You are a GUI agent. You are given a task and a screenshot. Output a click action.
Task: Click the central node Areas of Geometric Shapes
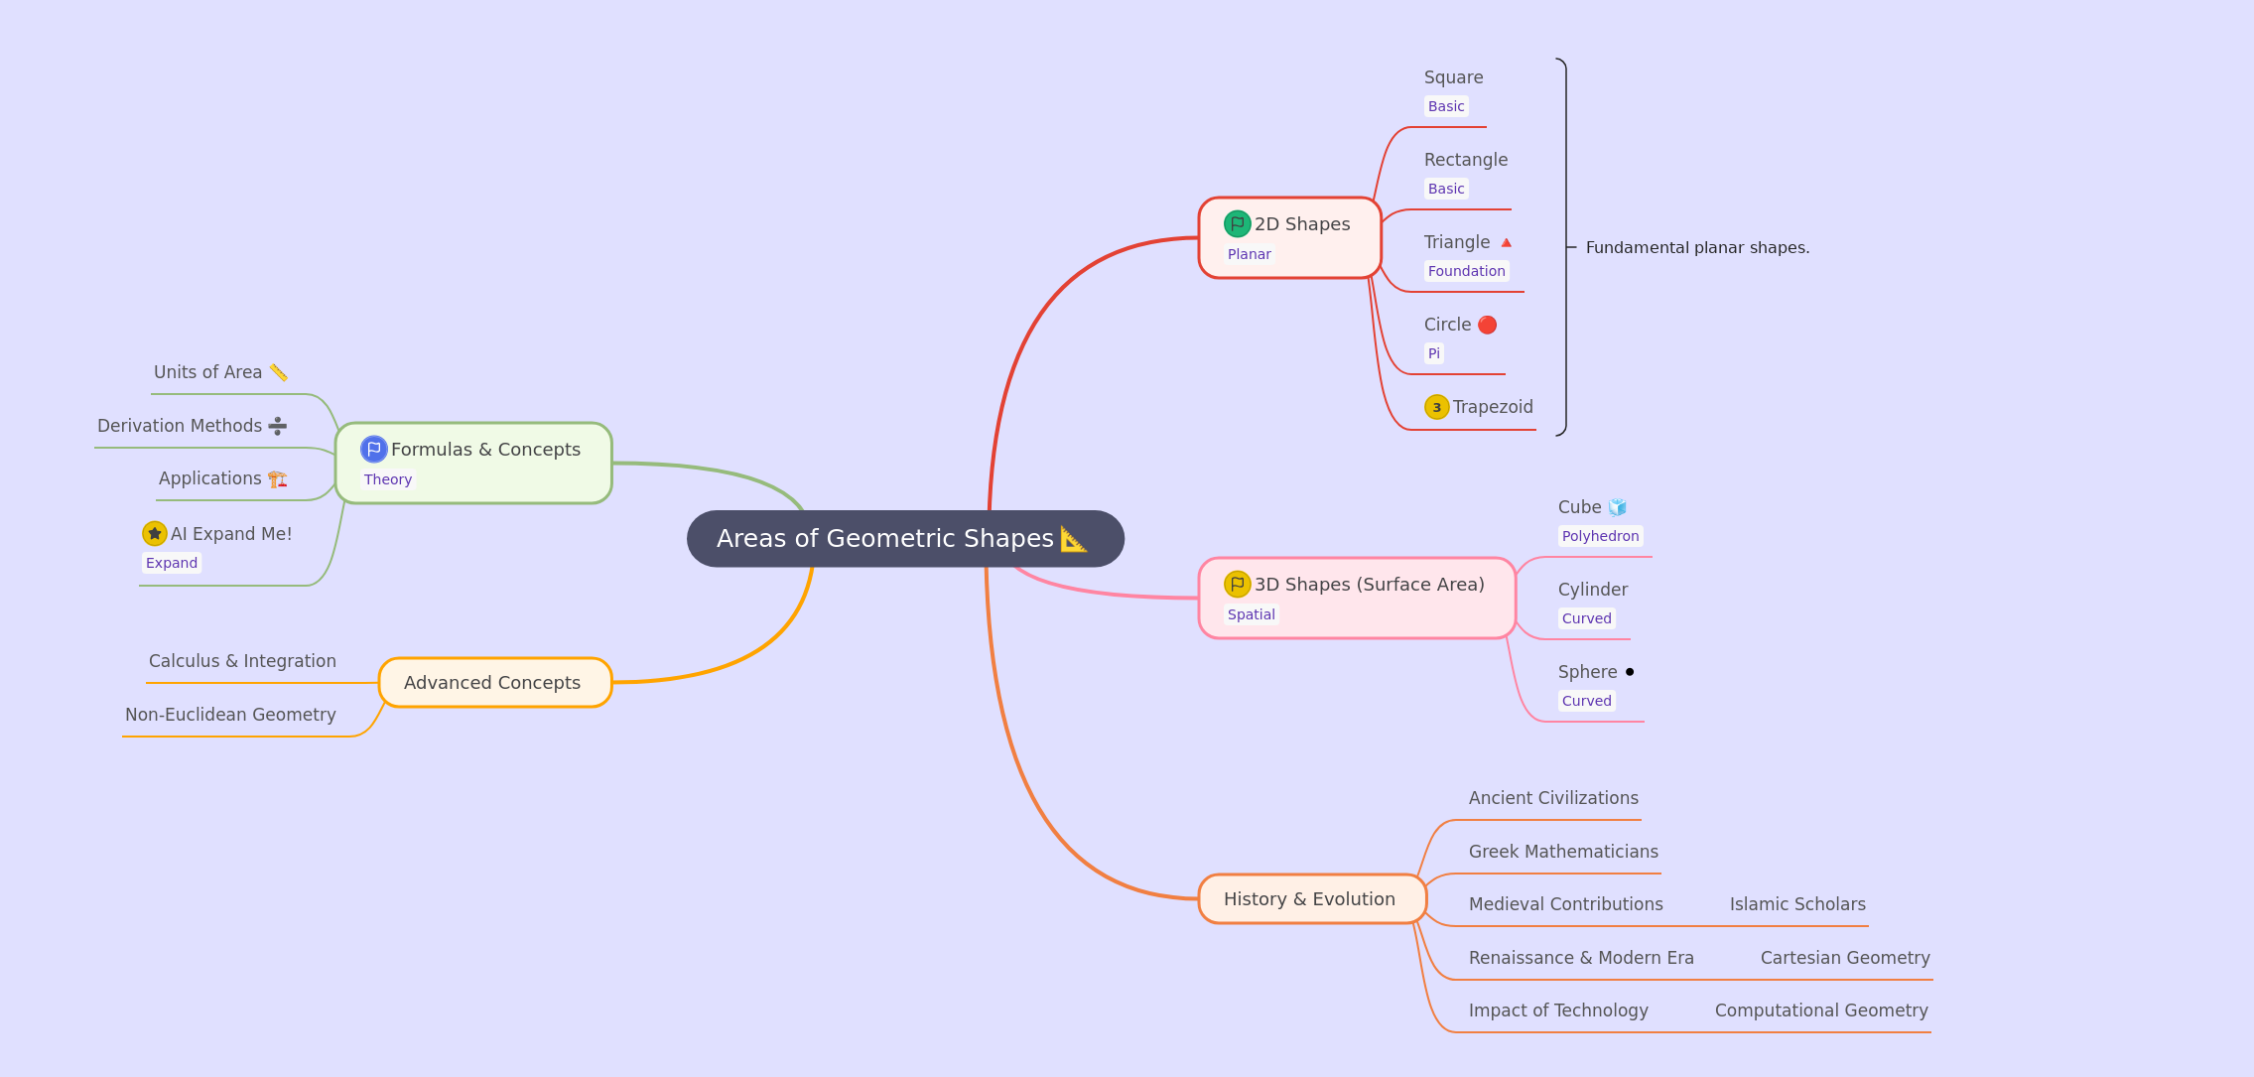[905, 538]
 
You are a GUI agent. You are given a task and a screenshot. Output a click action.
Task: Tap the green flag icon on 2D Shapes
[1237, 224]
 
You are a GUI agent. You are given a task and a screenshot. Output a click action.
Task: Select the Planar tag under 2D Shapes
[1249, 254]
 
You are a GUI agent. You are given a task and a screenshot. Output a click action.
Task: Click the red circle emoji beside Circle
[1487, 325]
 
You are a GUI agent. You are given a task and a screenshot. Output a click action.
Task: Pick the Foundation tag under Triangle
[1466, 271]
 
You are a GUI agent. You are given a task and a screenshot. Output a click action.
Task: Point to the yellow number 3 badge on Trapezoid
[1436, 407]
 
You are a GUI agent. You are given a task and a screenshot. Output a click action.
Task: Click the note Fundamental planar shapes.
[1697, 247]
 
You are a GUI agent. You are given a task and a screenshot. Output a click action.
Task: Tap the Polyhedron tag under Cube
[1600, 536]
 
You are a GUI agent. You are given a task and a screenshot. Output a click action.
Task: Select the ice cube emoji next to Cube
[1618, 507]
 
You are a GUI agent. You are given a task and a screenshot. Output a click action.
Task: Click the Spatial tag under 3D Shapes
[1251, 614]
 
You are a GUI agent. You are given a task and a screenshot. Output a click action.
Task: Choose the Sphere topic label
[1587, 672]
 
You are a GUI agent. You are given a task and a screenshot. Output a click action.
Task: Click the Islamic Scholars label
[1797, 904]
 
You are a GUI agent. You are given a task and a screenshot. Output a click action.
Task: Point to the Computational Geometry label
[1821, 1010]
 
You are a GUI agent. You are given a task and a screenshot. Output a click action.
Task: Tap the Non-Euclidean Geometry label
[230, 715]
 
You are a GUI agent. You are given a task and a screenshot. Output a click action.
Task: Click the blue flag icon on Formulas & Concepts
[373, 450]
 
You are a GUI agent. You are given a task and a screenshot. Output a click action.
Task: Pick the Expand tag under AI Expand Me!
[172, 563]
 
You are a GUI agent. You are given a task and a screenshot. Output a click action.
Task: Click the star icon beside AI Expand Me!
[154, 534]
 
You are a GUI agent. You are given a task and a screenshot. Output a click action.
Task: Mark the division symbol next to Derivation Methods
[278, 426]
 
